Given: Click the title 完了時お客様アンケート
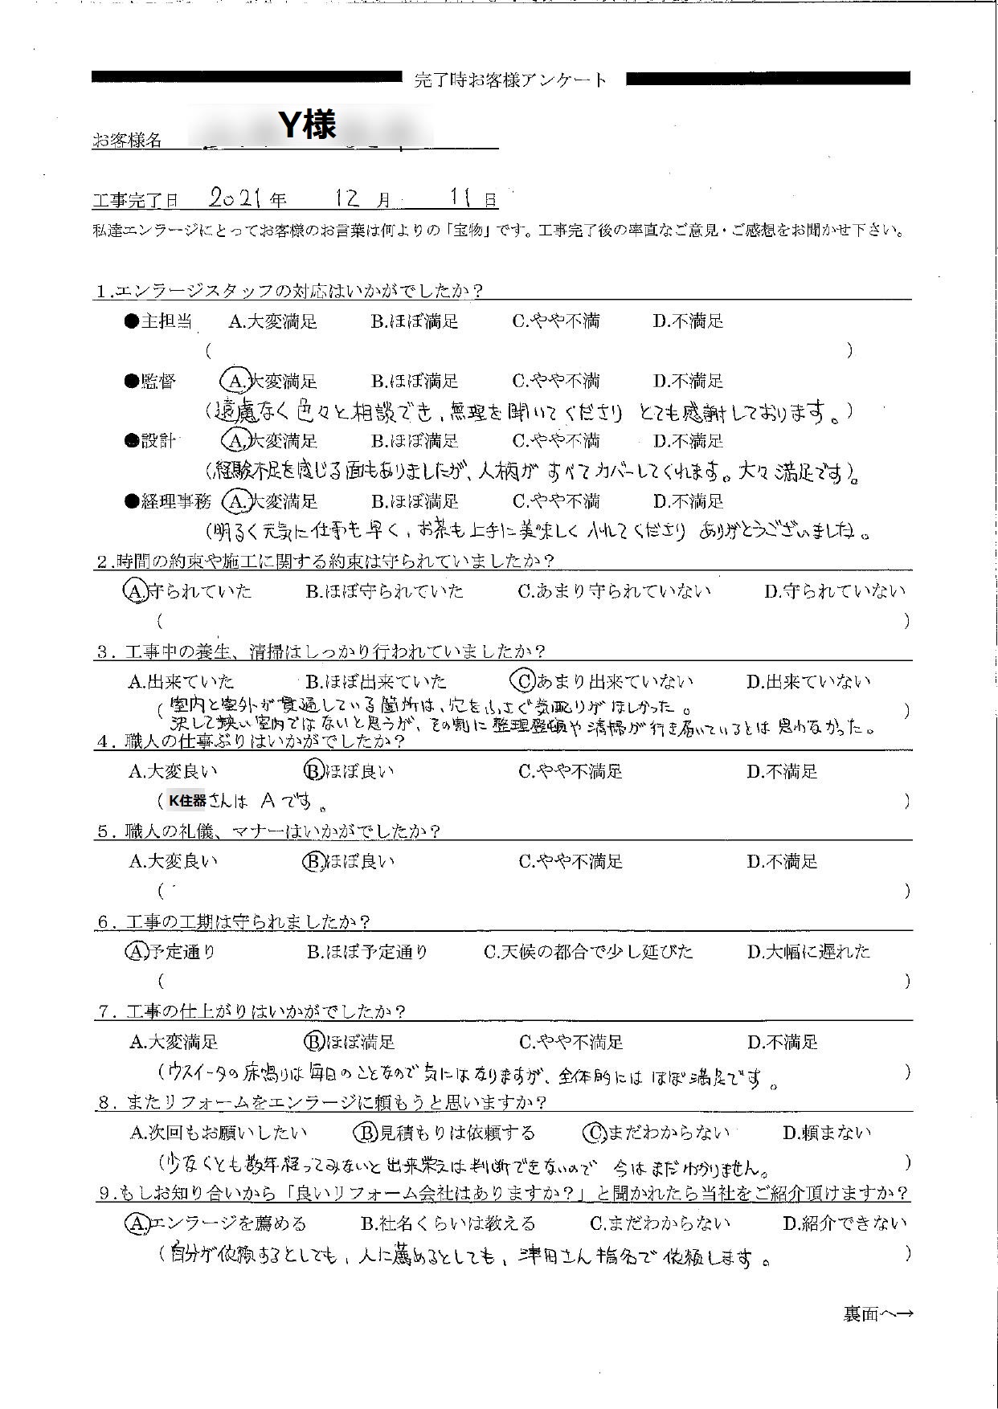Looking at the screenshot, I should click(x=511, y=80).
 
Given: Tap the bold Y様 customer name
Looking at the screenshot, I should click(x=307, y=125).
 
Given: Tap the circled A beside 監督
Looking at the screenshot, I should click(x=235, y=380).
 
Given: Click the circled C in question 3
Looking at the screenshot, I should click(x=523, y=681).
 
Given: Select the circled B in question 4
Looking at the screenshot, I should click(x=312, y=771).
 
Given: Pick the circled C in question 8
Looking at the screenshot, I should click(x=594, y=1133).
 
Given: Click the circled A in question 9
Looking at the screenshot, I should click(x=136, y=1223).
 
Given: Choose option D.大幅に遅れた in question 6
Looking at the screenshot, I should click(x=808, y=952).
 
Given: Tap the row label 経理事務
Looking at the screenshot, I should click(x=175, y=501).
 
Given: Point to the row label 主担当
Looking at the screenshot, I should click(x=166, y=321).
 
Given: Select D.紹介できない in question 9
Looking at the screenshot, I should click(x=845, y=1223).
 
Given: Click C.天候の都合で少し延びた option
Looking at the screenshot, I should click(x=587, y=952).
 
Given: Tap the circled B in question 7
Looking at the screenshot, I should click(x=312, y=1043).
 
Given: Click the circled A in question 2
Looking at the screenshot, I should click(x=133, y=591).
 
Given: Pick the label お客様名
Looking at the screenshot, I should click(x=127, y=141).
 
